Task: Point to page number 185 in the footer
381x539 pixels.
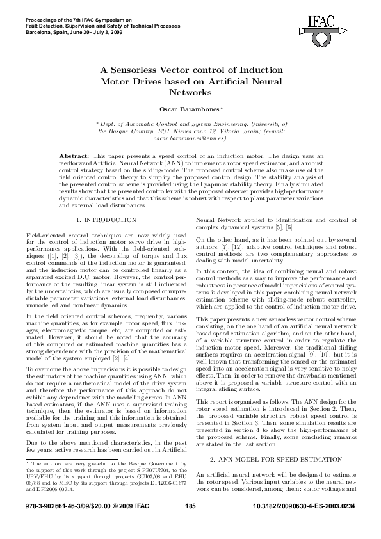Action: tap(189, 524)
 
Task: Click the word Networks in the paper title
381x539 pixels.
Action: tap(190, 93)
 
